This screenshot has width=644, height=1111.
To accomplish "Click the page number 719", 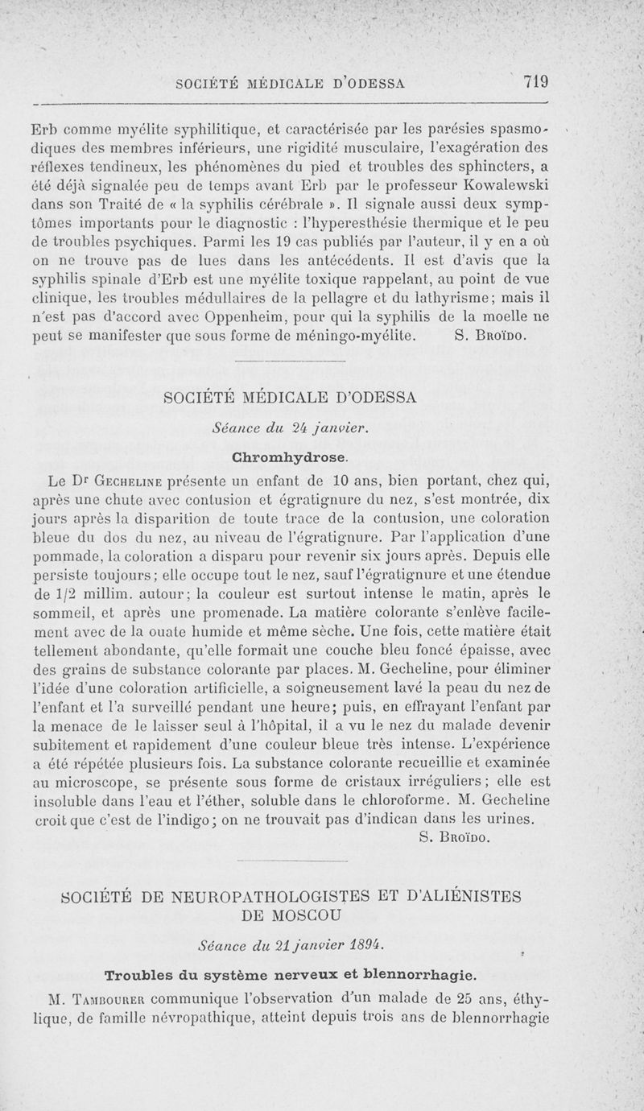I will click(535, 81).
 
